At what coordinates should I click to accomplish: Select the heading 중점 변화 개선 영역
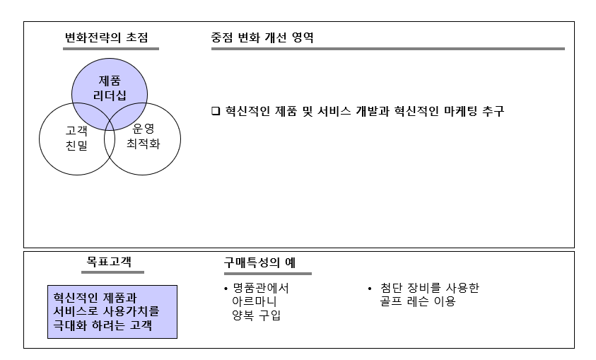(x=262, y=37)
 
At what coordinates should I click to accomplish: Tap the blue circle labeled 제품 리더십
(x=109, y=87)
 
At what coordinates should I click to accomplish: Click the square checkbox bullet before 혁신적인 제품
(x=216, y=112)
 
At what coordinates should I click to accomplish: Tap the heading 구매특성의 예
(x=259, y=263)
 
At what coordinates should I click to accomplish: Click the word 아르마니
(x=254, y=302)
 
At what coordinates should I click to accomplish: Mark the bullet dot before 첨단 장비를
(x=370, y=289)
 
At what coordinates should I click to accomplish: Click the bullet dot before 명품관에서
(x=225, y=289)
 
